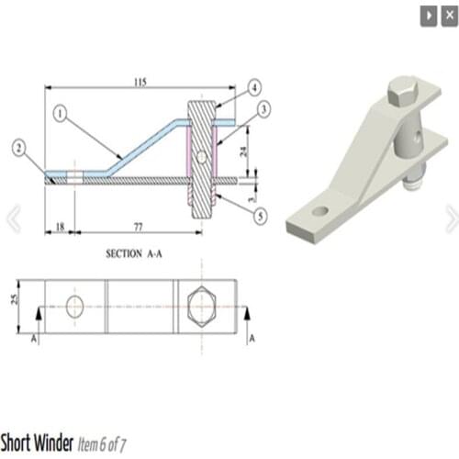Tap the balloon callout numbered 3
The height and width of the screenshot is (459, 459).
(263, 109)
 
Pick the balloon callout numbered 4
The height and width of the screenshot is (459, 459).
(254, 88)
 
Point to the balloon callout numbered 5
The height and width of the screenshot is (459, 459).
(261, 217)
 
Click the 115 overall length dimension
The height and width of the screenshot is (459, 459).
(140, 83)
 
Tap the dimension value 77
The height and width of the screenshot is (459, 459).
(136, 224)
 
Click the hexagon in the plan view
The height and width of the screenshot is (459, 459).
(201, 306)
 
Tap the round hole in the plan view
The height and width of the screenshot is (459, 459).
(74, 306)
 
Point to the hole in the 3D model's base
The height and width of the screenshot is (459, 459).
(319, 211)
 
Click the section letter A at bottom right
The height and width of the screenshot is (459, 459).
(252, 338)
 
